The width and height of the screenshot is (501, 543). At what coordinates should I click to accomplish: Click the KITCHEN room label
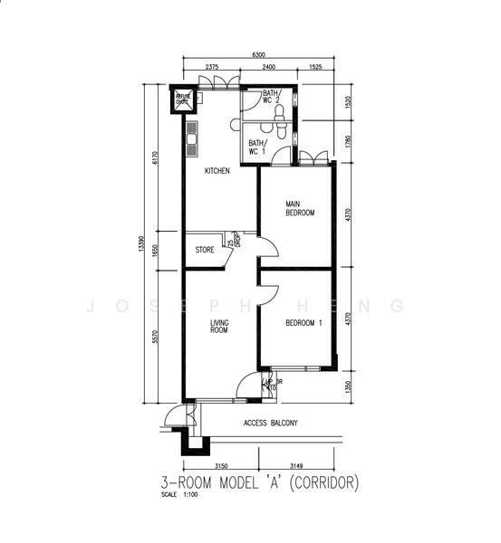(217, 171)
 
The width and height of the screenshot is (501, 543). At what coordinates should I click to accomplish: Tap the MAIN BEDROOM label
(300, 208)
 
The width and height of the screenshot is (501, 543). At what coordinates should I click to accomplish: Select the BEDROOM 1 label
(304, 323)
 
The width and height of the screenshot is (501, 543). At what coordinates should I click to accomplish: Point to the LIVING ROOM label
(218, 327)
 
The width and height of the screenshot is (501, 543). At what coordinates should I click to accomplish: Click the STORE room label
(205, 249)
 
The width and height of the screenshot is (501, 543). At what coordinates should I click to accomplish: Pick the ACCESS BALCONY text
(270, 423)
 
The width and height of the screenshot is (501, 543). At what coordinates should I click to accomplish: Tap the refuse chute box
(183, 99)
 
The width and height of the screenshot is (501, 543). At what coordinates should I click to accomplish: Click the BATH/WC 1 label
(257, 148)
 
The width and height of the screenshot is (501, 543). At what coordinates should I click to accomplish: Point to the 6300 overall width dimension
(258, 55)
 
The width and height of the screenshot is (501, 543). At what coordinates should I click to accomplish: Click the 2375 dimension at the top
(211, 68)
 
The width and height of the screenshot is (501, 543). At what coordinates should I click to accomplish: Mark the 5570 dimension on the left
(155, 336)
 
